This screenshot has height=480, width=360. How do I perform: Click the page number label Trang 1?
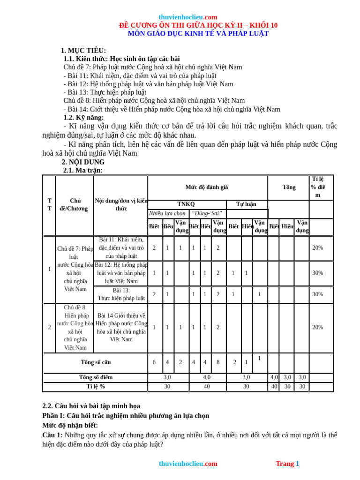coord(287,464)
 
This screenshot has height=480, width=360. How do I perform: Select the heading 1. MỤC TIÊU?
coord(83,51)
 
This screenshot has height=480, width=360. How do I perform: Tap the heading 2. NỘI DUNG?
coord(83,162)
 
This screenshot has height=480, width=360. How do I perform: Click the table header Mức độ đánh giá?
coord(207,187)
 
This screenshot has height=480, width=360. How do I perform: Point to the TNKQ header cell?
coord(186,204)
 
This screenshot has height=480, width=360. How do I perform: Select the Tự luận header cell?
coord(246,204)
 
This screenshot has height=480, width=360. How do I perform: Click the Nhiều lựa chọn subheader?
coord(167,213)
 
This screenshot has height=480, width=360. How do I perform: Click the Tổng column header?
coord(289,187)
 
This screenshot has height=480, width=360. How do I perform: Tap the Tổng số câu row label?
coord(96,362)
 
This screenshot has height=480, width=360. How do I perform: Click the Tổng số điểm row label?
coord(96,377)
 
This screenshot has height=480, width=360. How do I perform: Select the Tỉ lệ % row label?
coord(96,387)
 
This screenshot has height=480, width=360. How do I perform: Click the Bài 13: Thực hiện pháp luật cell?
coord(121,294)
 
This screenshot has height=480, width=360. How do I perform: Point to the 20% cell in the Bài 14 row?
coord(317,327)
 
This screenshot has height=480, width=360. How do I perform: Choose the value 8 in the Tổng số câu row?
coord(218,362)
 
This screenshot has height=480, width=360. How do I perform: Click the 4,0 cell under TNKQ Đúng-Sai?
coord(207,377)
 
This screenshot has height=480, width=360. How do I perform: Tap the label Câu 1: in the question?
coord(52,435)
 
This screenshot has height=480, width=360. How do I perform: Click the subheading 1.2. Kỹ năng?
coord(83,118)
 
